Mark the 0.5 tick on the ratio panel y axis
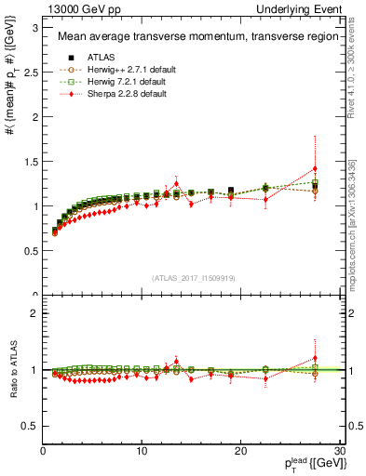point(30,426)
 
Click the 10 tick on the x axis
point(142,451)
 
